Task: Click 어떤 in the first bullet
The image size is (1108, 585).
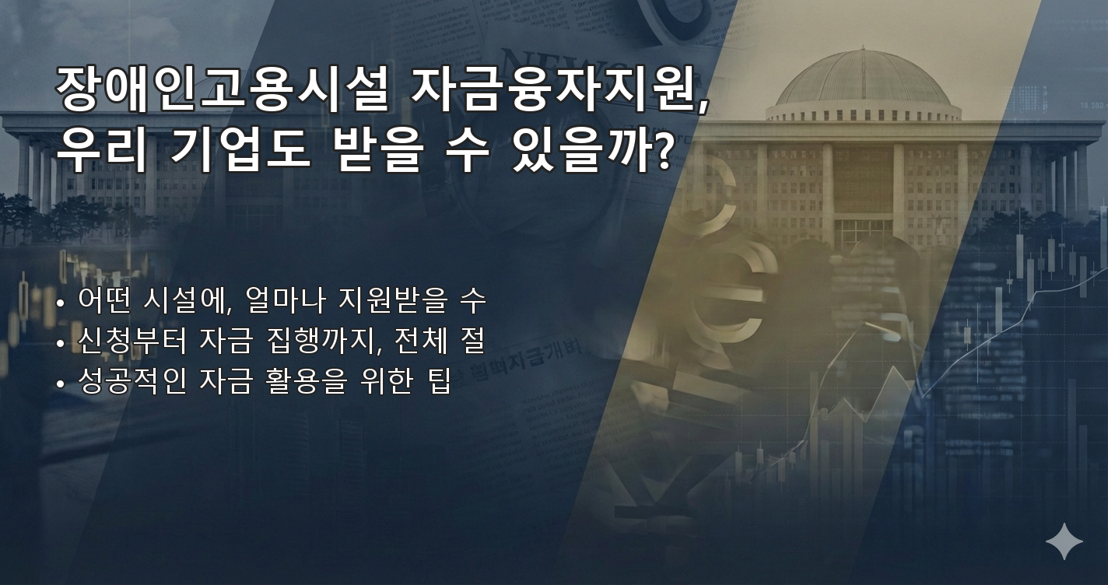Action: [x=110, y=300]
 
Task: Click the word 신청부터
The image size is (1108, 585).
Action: [x=132, y=341]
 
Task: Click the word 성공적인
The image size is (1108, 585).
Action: [x=132, y=383]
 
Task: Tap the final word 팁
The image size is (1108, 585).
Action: [x=439, y=383]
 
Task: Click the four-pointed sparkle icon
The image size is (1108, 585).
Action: [x=1064, y=541]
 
